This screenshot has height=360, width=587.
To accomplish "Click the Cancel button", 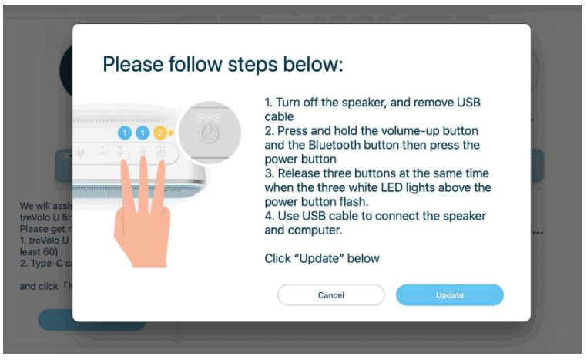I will coord(330,295).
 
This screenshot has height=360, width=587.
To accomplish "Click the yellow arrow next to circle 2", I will coord(172,133).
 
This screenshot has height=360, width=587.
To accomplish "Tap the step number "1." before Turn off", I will coord(269,103).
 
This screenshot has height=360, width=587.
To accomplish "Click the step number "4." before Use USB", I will coord(269,215).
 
